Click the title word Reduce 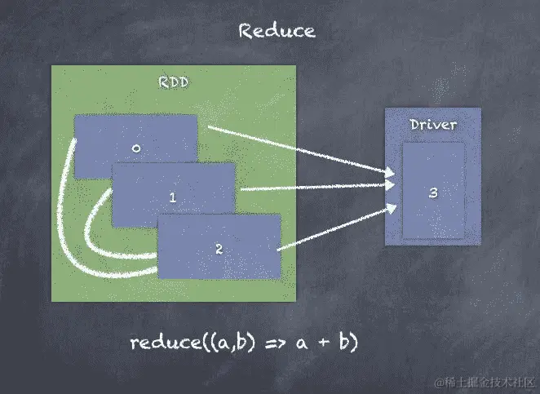pos(277,31)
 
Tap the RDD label pos(175,82)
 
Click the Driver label pos(432,125)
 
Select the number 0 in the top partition pos(136,148)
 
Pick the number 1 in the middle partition pos(173,197)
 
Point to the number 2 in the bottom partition pos(219,249)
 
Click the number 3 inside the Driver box pos(433,193)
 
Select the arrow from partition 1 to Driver pos(318,187)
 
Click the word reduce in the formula pos(160,342)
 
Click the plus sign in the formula pos(325,343)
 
